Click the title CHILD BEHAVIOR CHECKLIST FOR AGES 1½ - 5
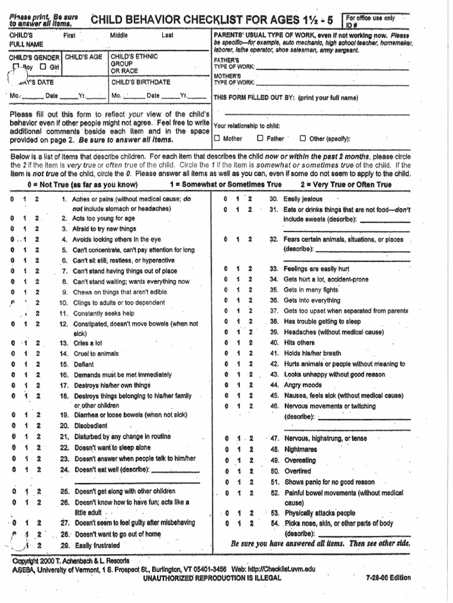click(x=212, y=21)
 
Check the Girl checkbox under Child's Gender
click(x=42, y=67)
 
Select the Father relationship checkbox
click(x=260, y=139)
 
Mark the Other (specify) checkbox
click(x=303, y=139)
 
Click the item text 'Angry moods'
click(x=303, y=385)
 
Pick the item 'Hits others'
click(x=300, y=342)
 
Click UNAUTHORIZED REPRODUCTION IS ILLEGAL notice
click(x=212, y=578)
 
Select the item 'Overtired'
click(x=298, y=471)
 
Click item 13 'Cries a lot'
click(x=90, y=343)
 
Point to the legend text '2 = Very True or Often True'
click(x=346, y=184)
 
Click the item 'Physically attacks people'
click(x=319, y=513)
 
